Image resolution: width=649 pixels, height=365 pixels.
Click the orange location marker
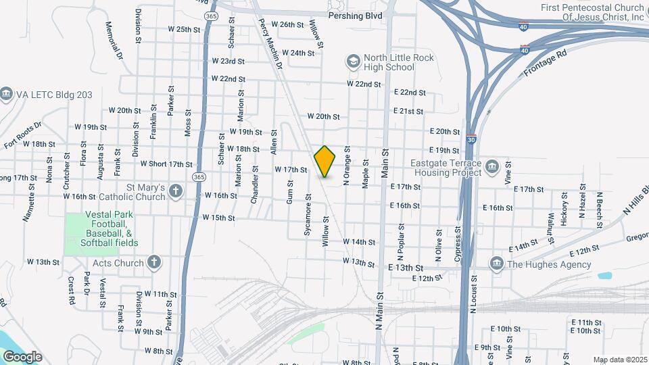point(325,161)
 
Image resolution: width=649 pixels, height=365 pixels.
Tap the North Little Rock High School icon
point(353,62)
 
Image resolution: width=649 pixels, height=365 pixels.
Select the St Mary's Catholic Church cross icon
point(175,191)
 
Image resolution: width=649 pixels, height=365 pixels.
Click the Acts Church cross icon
point(154,263)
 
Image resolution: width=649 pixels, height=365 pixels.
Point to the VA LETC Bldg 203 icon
point(7,93)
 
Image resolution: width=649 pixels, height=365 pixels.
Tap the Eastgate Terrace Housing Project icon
point(491,166)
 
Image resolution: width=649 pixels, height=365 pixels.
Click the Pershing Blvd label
point(355,15)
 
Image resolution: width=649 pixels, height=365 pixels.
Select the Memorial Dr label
point(113,39)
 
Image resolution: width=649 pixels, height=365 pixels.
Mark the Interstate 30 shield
point(471,139)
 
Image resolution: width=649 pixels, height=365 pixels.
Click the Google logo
point(22,356)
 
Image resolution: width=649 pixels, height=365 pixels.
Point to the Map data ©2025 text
point(619,360)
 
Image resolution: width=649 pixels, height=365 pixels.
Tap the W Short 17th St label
point(166,164)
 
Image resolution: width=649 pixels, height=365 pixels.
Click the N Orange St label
point(346,167)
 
